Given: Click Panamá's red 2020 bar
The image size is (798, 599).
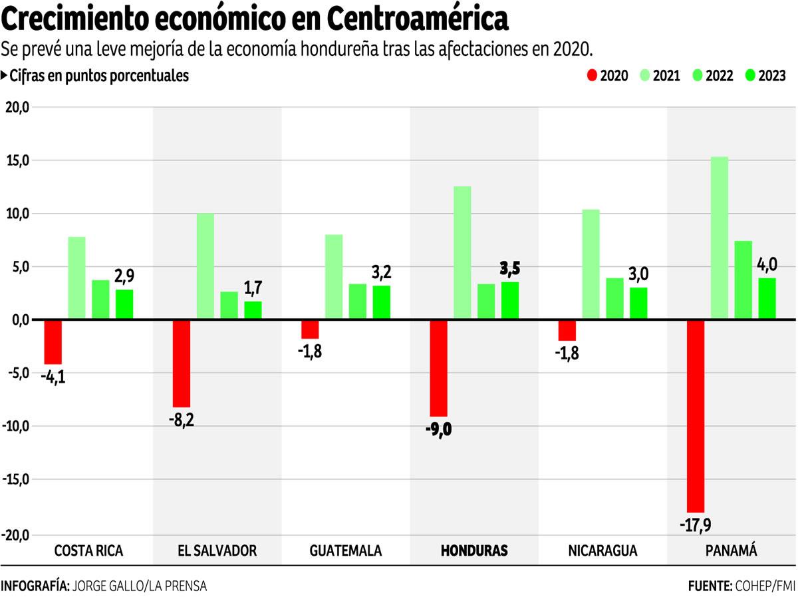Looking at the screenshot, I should coord(696,415).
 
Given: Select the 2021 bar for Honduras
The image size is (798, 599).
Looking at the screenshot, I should coord(462,253).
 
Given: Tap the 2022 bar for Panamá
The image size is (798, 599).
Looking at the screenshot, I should coord(743,280).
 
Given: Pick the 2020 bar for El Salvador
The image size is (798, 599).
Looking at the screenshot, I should coord(182,363).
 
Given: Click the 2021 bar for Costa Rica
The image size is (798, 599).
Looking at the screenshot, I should coord(76,278).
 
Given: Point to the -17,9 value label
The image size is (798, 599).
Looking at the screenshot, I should coord(696,525).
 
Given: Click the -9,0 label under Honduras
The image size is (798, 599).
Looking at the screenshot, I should coord(438,429).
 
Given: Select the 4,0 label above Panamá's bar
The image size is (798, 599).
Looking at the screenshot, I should coord(767,265).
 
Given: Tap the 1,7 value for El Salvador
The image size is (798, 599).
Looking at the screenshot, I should coord(253,288).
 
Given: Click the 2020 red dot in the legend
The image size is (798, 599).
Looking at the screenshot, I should coord(591,76).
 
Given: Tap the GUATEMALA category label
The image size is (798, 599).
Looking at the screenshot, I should coord(346,550).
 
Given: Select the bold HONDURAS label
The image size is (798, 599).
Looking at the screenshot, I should coord(474,550).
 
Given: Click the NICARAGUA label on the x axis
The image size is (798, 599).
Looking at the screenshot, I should coord(602,550).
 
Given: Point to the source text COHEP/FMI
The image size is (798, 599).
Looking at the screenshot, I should coord(764,586).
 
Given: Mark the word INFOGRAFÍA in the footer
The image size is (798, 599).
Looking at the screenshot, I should coord(35,586).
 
